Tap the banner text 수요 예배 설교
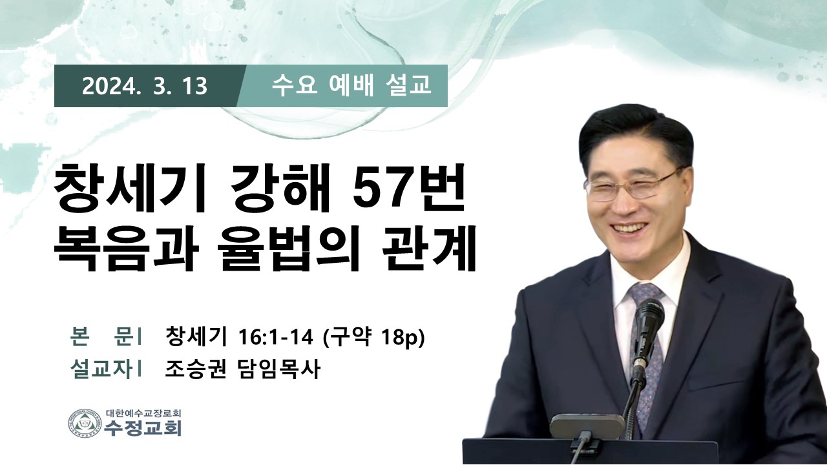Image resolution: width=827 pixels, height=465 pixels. (351, 86)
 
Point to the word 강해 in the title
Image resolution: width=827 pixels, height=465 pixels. (278, 189)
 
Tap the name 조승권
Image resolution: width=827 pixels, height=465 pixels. (195, 369)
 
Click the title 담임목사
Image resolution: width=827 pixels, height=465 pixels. (277, 369)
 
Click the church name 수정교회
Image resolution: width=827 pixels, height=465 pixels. (143, 429)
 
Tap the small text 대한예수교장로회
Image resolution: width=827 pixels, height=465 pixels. (143, 413)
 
